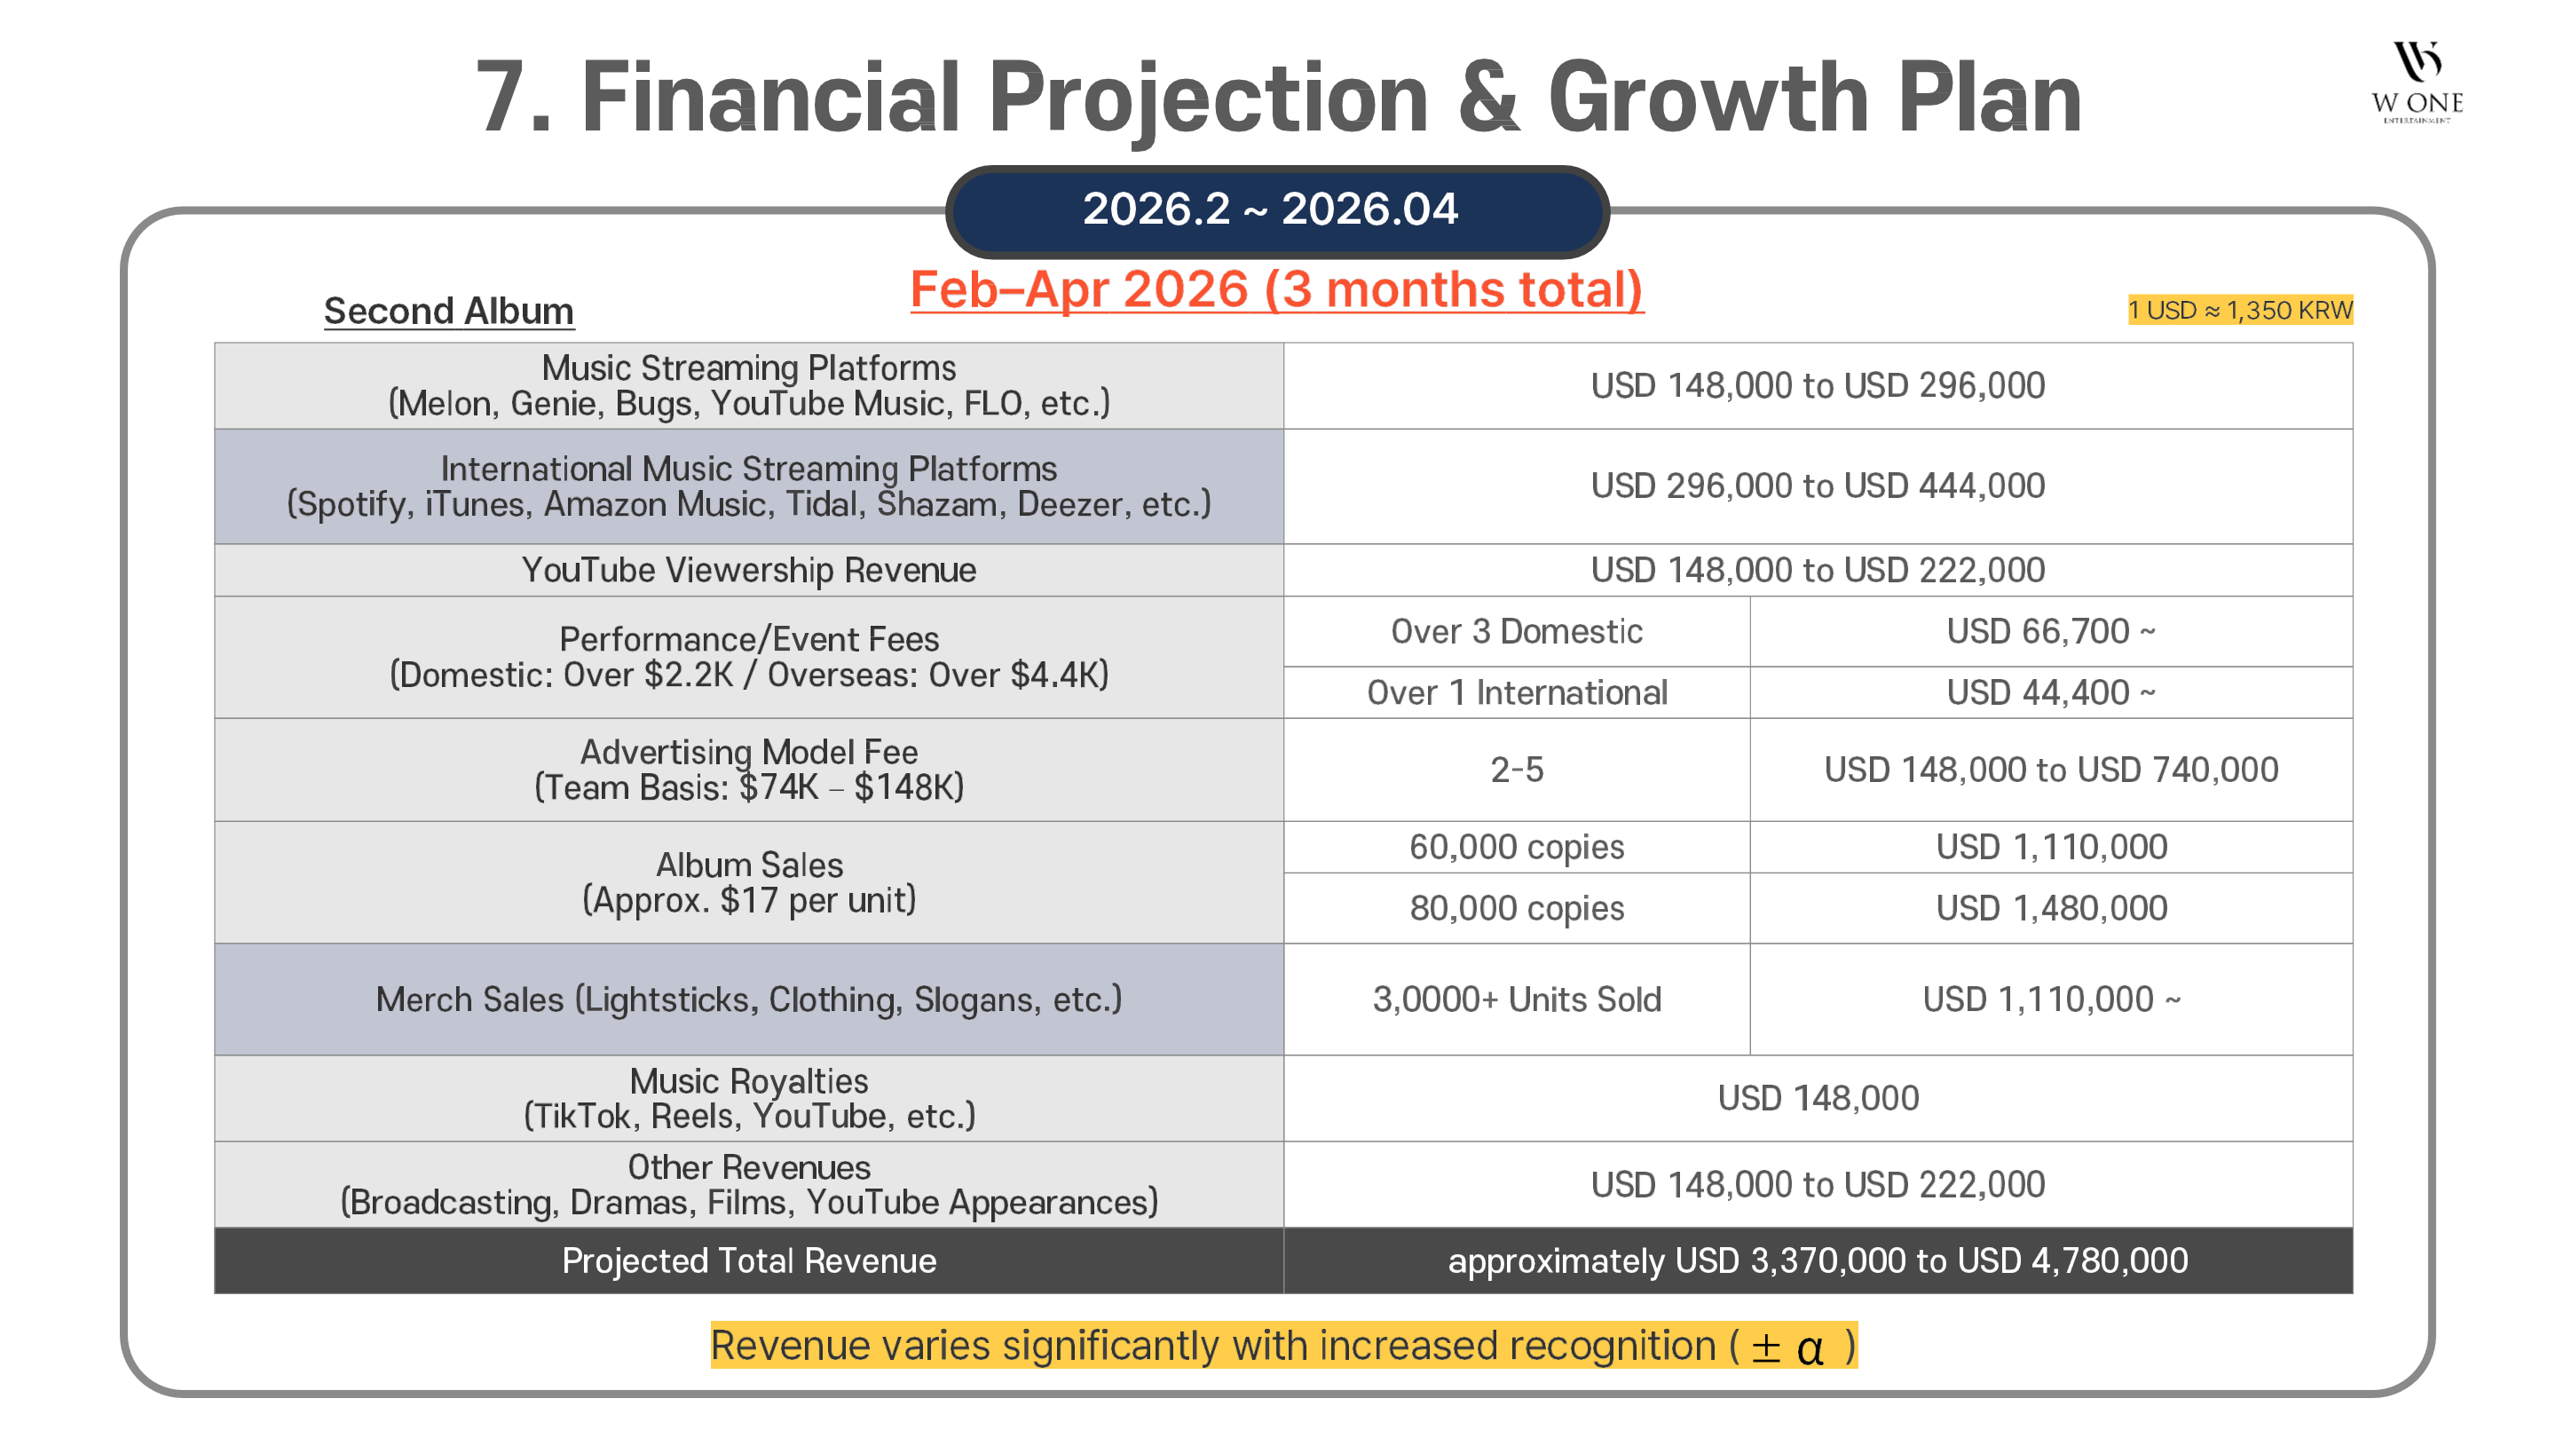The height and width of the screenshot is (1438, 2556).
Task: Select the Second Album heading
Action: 448,311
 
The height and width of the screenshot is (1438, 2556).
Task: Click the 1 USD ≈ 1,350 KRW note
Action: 2238,310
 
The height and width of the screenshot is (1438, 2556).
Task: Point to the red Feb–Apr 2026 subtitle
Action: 1276,289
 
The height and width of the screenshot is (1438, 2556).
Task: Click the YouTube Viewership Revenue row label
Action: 748,570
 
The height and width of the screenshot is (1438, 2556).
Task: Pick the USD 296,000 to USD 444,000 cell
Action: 1817,486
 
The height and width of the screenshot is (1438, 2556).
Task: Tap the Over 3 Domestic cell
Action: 1516,631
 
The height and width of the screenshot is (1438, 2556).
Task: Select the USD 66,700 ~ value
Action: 2050,631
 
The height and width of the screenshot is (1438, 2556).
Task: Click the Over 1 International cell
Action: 1516,692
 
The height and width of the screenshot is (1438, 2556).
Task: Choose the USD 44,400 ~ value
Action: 2050,692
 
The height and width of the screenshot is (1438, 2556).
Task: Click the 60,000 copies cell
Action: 1516,847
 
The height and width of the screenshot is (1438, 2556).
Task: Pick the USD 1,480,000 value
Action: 2050,908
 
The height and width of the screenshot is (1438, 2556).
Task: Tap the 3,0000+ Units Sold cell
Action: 1516,999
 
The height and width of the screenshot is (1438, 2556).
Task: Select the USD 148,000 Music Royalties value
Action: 1817,1098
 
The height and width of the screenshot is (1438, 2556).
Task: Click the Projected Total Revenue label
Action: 748,1260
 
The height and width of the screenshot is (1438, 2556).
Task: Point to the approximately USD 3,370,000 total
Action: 1817,1260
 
